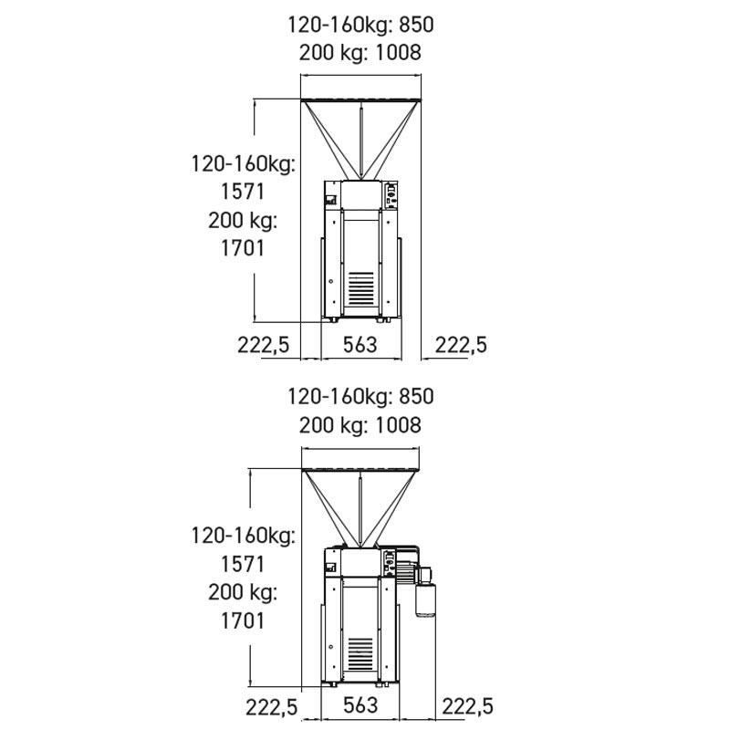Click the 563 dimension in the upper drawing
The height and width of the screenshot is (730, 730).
coord(360,345)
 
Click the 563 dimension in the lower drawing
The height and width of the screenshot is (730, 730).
coord(360,705)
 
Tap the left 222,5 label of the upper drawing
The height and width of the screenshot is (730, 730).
coord(264,346)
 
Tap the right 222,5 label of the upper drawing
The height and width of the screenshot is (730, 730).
coord(461,346)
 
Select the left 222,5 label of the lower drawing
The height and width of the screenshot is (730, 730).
coord(271,707)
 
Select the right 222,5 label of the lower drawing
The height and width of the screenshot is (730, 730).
coord(467,706)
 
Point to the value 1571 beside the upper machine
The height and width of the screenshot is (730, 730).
coord(242,192)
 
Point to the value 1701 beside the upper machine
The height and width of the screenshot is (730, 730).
coord(242,248)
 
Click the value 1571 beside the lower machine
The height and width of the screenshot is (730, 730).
coord(242,564)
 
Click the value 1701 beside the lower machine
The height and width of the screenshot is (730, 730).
coord(242,621)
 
